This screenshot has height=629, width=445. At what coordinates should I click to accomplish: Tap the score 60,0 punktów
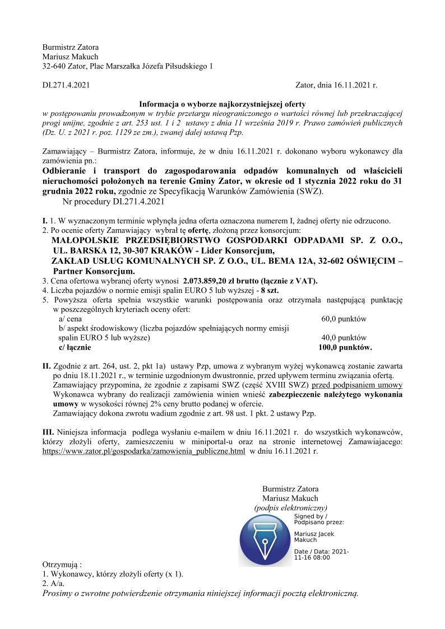[x=344, y=319]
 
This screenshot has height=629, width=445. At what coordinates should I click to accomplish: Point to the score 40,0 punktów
[x=344, y=338]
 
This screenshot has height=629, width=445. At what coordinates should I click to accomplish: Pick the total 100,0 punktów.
[x=345, y=347]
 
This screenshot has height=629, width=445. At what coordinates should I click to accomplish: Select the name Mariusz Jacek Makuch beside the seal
[x=314, y=537]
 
